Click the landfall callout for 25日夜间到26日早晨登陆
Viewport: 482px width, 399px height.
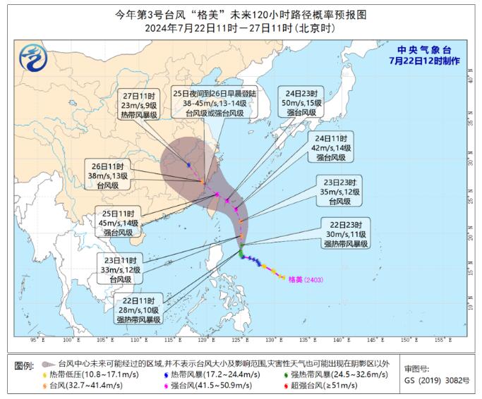click(x=215, y=102)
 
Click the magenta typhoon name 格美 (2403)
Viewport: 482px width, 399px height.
click(x=305, y=280)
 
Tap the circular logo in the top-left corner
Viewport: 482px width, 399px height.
click(x=32, y=55)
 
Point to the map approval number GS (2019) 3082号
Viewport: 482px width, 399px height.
click(x=436, y=381)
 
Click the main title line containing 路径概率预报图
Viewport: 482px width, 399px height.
click(x=241, y=14)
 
